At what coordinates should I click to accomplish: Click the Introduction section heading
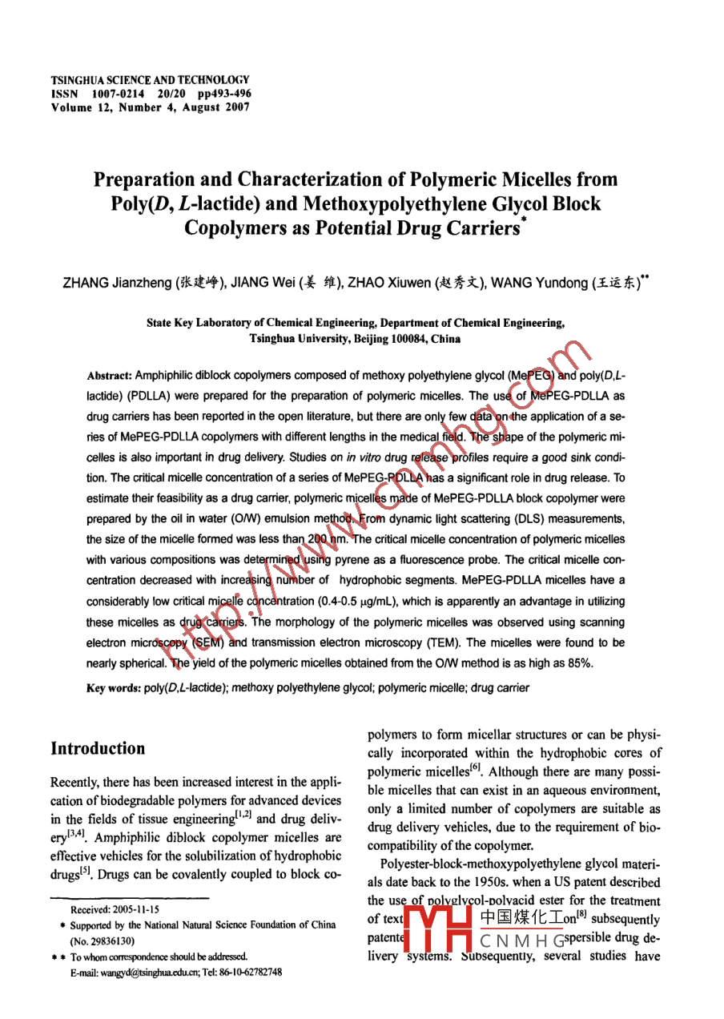pyautogui.click(x=98, y=749)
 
